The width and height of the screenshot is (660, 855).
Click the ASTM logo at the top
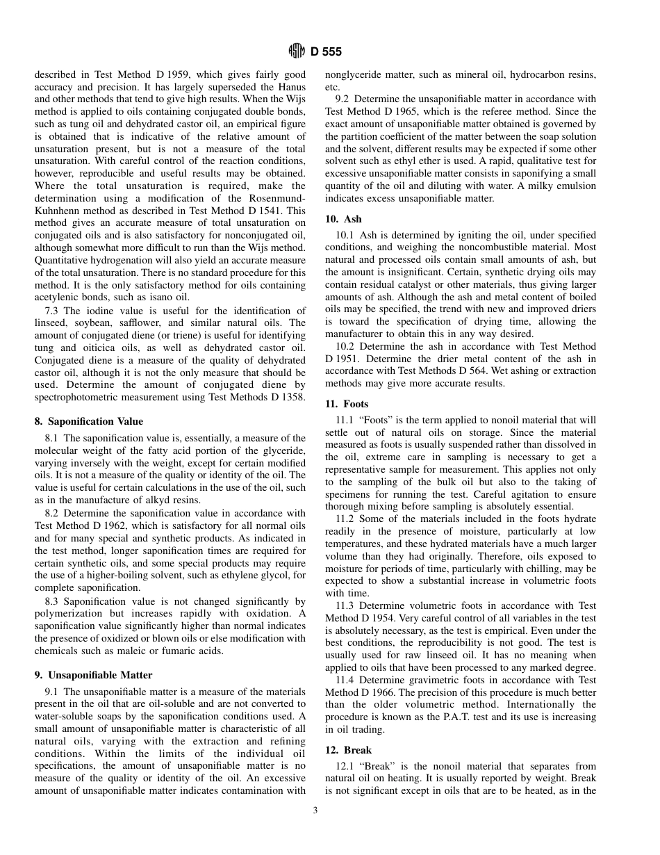point(297,51)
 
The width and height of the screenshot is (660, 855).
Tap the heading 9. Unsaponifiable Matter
point(93,675)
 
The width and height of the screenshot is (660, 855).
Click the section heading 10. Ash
point(343,219)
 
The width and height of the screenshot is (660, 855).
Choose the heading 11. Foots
point(347,404)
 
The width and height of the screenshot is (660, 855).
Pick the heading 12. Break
point(348,750)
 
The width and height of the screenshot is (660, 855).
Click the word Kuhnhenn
point(61,211)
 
